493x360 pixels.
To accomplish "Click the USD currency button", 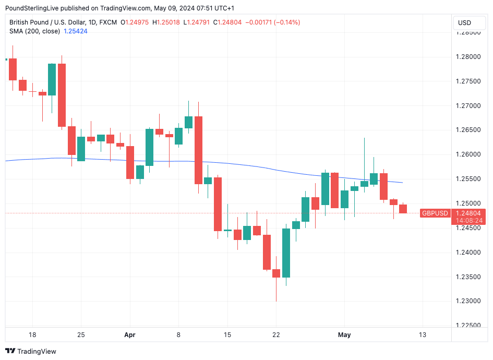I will [x=464, y=22].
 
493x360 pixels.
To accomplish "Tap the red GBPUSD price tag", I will [x=435, y=213].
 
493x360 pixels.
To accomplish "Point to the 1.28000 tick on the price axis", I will [x=468, y=57].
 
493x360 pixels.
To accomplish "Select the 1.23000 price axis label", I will [x=468, y=301].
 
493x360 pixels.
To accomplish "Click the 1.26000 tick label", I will [x=468, y=154].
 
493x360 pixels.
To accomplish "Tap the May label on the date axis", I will [x=344, y=334].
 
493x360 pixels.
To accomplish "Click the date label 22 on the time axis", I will [x=276, y=334].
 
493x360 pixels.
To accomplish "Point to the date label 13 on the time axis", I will [x=423, y=334].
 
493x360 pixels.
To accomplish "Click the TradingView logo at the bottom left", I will [x=31, y=351].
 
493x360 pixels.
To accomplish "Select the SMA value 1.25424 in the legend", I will [x=75, y=31].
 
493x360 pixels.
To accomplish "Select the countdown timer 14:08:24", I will [x=469, y=221].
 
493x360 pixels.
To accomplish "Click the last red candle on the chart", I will [x=403, y=209].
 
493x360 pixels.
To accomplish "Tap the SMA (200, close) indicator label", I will [x=34, y=31].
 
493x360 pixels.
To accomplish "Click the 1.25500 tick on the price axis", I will [x=468, y=179].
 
